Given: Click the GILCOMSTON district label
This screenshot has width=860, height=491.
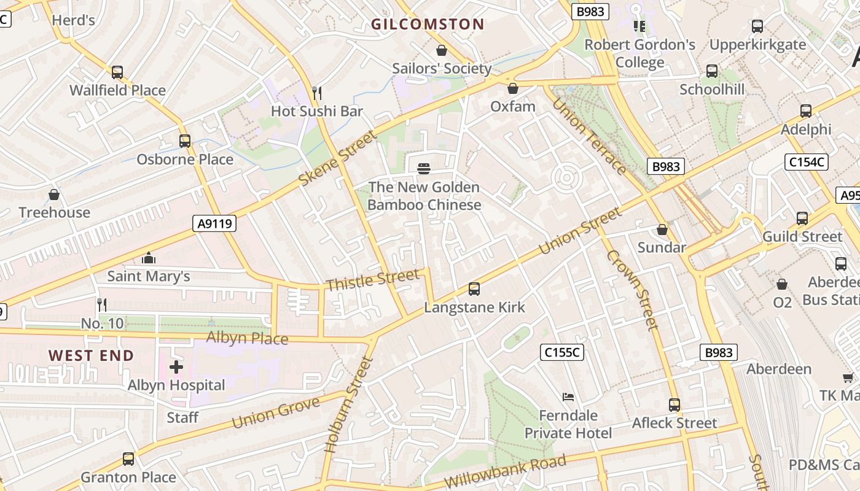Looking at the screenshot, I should (428, 25).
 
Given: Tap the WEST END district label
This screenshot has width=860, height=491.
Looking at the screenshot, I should (91, 355).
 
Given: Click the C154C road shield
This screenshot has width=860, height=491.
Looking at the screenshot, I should (806, 162).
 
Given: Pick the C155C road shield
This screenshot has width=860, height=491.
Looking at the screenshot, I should (561, 352).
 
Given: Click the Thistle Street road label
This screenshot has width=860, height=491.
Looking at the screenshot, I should (372, 280).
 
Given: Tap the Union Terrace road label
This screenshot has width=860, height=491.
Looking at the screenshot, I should (588, 136).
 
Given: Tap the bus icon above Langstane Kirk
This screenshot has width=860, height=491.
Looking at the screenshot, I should (474, 288).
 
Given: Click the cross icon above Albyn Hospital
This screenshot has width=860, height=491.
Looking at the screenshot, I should (176, 367).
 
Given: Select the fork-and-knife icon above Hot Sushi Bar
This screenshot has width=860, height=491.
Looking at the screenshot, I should (317, 93).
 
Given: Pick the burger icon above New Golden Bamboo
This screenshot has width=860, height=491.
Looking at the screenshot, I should (423, 168).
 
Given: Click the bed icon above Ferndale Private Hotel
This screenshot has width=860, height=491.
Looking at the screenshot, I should (568, 397).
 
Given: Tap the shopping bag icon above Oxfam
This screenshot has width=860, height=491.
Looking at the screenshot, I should (513, 89).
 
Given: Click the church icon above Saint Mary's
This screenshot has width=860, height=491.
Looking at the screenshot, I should (148, 258).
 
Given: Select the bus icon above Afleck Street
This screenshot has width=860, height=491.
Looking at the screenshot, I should (674, 405).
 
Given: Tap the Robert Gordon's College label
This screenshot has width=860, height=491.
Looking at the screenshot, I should (639, 53).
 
